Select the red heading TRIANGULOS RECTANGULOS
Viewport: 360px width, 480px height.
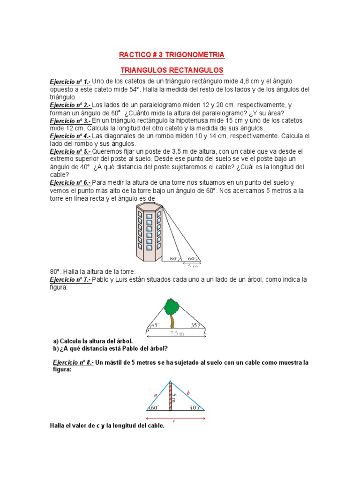coord(172,70)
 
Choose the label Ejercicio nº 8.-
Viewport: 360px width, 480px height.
coord(74,363)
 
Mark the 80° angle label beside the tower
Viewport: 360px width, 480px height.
coord(175,258)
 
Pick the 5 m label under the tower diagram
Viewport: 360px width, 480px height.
coord(193,265)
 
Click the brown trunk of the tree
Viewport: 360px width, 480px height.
coord(172,322)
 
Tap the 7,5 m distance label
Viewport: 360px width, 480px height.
coord(175,333)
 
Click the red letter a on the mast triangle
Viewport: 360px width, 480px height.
coord(155,395)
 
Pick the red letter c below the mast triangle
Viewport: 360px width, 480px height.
coord(174,420)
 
